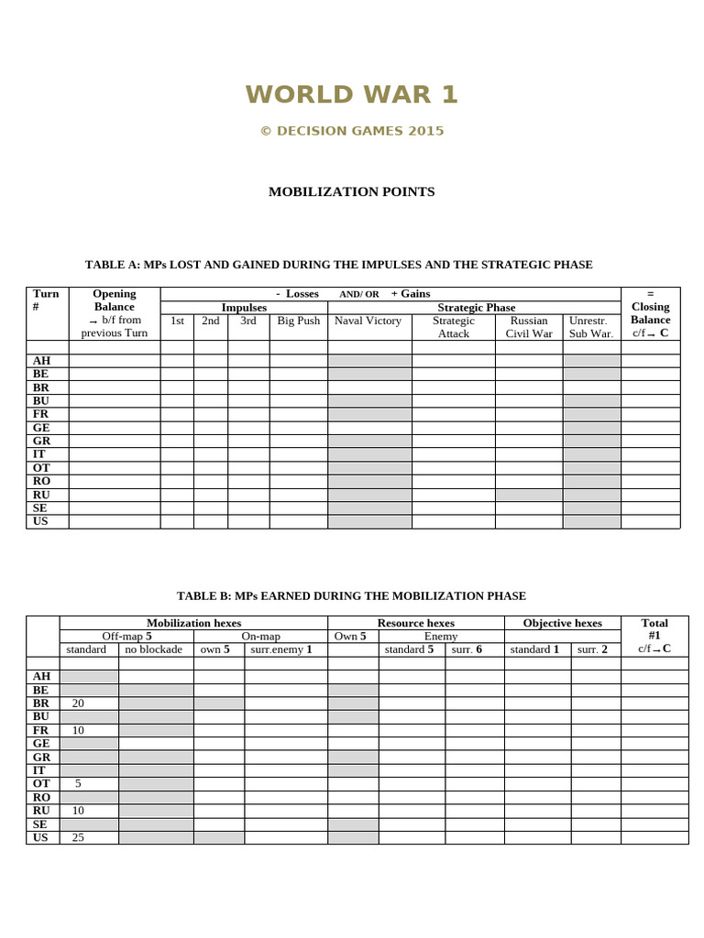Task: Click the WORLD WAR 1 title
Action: (x=351, y=94)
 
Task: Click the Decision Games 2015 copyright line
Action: (x=351, y=131)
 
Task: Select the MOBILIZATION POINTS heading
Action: (x=351, y=191)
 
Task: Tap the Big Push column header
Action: (x=298, y=322)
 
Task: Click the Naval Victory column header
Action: (x=368, y=322)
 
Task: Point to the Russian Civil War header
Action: (x=528, y=327)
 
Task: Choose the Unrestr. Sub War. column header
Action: (x=590, y=327)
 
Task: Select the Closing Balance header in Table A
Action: (x=650, y=313)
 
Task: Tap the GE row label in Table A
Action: (x=41, y=428)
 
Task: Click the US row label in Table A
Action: (x=41, y=521)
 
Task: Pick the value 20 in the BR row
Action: (x=78, y=703)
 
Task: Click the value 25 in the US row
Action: (x=78, y=837)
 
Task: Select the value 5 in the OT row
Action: (x=78, y=783)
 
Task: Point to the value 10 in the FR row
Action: (x=78, y=730)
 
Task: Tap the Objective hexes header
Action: (x=562, y=623)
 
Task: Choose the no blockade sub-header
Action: (x=155, y=649)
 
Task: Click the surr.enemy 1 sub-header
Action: (x=285, y=649)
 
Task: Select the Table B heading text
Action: (x=351, y=595)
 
